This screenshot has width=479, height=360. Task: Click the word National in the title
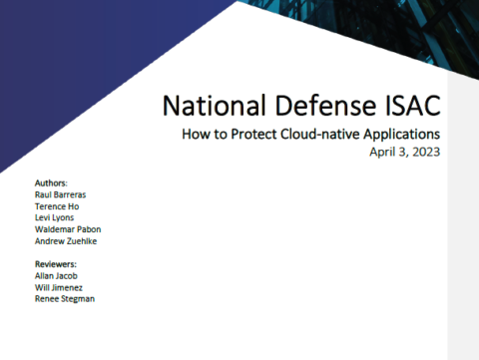[204, 106]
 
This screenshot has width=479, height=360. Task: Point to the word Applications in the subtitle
[400, 134]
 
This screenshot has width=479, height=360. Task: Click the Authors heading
[51, 184]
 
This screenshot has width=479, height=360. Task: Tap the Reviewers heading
[56, 264]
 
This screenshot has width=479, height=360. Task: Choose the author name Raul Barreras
[61, 195]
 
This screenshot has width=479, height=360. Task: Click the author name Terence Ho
[56, 206]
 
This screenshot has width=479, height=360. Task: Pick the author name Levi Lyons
[55, 217]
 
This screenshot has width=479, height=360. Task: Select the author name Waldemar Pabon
[67, 228]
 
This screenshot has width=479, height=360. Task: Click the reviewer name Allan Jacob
[57, 275]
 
